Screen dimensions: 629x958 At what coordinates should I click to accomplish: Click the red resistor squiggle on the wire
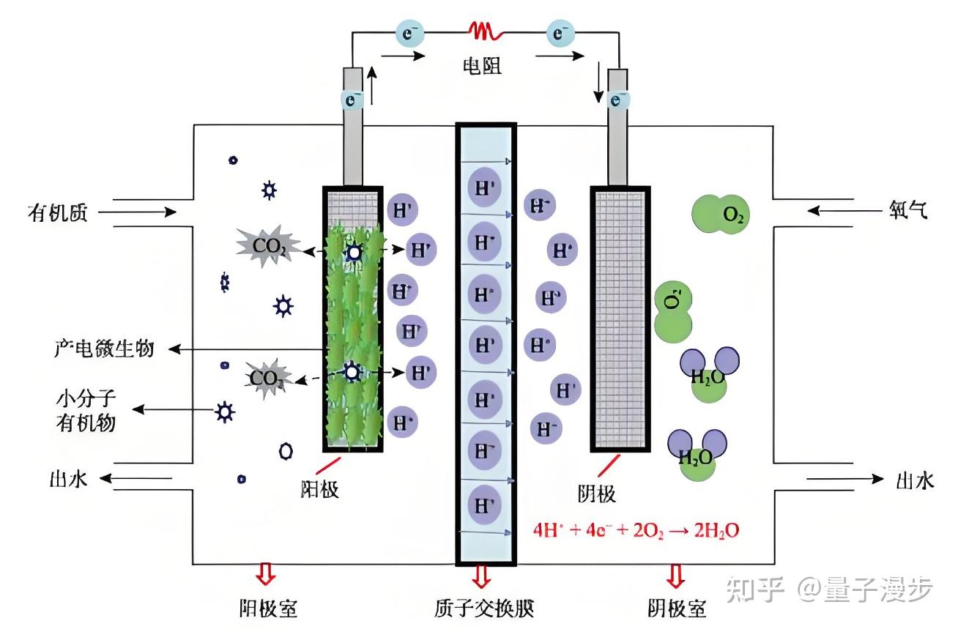coord(486,31)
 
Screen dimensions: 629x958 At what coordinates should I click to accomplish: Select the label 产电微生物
coord(104,349)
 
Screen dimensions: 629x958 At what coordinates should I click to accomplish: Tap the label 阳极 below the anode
coord(319,490)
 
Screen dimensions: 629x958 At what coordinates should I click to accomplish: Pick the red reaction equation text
coord(636,529)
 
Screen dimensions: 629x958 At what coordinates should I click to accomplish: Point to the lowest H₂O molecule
coord(697,457)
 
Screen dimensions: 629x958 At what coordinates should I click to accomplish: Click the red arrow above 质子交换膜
coord(481,576)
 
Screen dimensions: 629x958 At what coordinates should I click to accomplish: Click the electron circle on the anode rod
coord(352,99)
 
